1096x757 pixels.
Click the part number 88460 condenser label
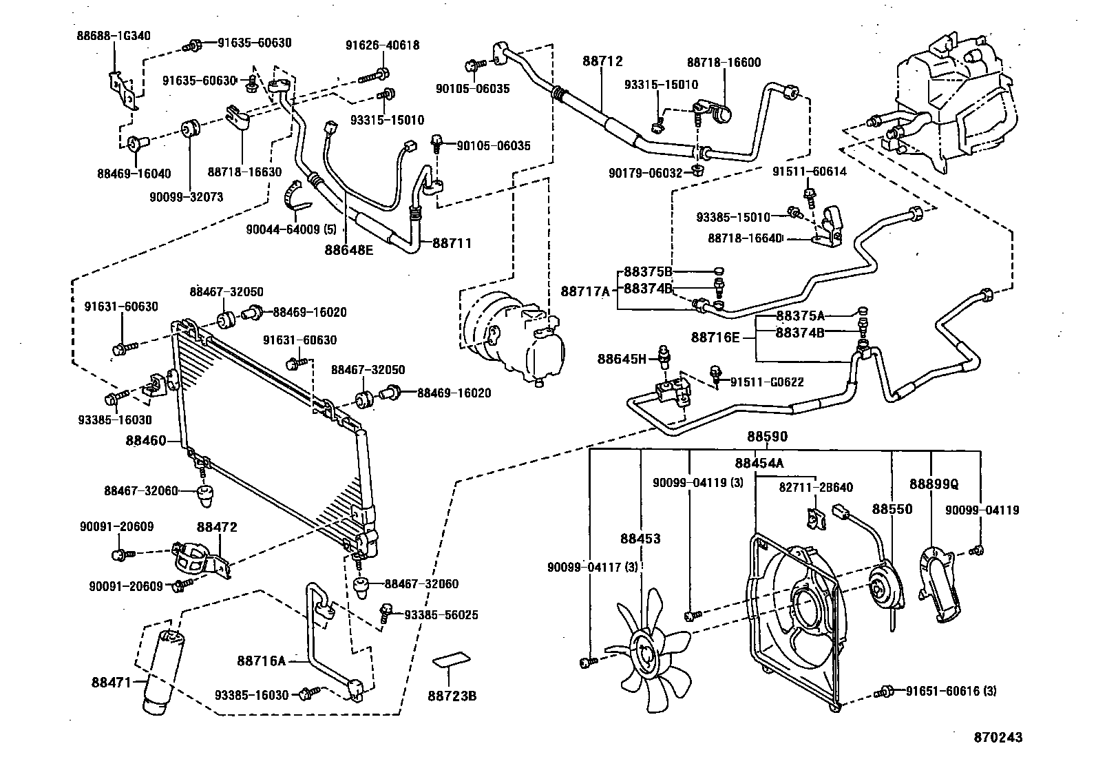(x=146, y=440)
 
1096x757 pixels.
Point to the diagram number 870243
(x=998, y=737)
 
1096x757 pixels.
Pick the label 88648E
(x=349, y=249)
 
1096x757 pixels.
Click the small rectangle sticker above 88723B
(x=452, y=661)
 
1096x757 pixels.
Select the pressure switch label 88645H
(x=622, y=359)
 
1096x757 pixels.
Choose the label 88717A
(x=585, y=291)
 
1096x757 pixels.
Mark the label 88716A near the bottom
(x=261, y=661)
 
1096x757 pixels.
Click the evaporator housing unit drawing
(x=957, y=103)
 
